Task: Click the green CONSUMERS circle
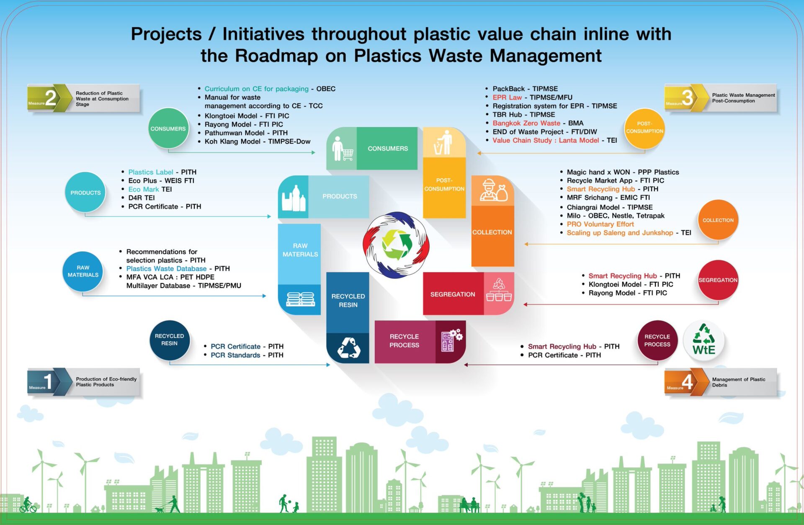pyautogui.click(x=168, y=129)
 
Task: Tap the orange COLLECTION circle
pyautogui.click(x=718, y=220)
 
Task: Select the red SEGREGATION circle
pyautogui.click(x=718, y=280)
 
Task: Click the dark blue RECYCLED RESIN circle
pyautogui.click(x=169, y=340)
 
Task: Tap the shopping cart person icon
pyautogui.click(x=342, y=149)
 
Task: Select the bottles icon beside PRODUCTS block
pyautogui.click(x=294, y=198)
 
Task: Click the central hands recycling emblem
pyautogui.click(x=396, y=245)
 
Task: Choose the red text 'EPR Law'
pyautogui.click(x=507, y=98)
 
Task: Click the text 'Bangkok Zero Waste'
pyautogui.click(x=526, y=123)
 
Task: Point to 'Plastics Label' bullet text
pyautogui.click(x=151, y=172)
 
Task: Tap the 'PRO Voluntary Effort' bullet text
pyautogui.click(x=600, y=224)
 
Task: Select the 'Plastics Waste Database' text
pyautogui.click(x=166, y=268)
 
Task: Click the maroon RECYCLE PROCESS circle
pyautogui.click(x=657, y=340)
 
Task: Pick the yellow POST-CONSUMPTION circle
pyautogui.click(x=644, y=128)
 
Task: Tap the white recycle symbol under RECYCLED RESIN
pyautogui.click(x=349, y=347)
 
